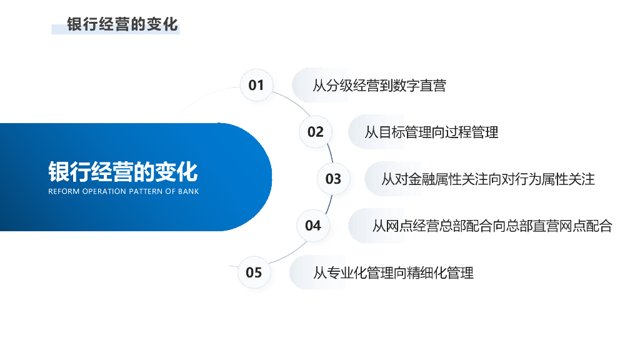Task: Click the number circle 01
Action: click(256, 85)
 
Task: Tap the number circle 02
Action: click(316, 132)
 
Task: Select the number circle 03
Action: click(333, 179)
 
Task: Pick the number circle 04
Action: click(313, 225)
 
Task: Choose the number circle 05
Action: click(254, 272)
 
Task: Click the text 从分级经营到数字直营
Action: click(379, 86)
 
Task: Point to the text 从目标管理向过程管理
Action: click(431, 132)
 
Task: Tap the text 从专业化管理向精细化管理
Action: click(393, 272)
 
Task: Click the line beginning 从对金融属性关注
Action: click(487, 179)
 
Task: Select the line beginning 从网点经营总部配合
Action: click(492, 226)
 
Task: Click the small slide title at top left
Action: click(122, 24)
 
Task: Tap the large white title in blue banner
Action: click(123, 171)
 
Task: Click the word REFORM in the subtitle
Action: click(63, 191)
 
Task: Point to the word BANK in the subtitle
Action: click(188, 191)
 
